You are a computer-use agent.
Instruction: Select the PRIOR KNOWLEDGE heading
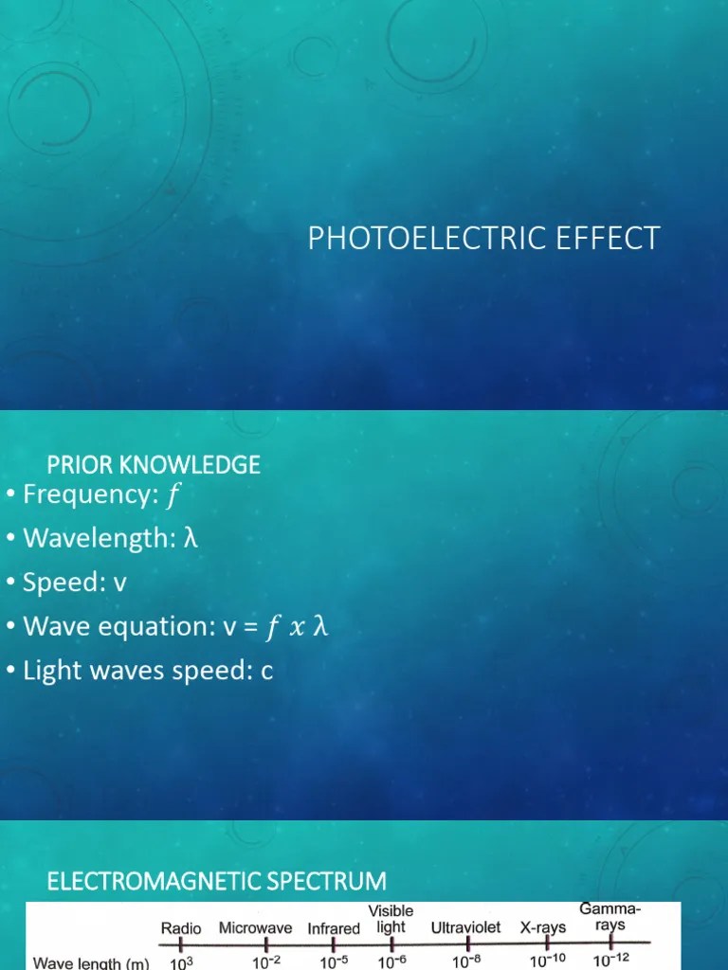click(x=154, y=464)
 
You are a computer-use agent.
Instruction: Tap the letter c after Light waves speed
click(x=267, y=671)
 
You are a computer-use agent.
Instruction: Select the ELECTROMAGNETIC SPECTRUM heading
click(x=217, y=881)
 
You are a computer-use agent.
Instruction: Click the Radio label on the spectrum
click(x=181, y=928)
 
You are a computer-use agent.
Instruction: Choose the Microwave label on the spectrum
click(x=256, y=928)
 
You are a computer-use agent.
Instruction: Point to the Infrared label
click(x=334, y=929)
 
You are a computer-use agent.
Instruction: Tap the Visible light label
click(x=391, y=920)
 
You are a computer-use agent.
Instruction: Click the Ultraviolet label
click(x=465, y=928)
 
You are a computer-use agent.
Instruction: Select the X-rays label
click(x=543, y=928)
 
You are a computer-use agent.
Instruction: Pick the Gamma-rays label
click(x=610, y=918)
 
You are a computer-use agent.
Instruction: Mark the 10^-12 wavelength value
click(x=610, y=960)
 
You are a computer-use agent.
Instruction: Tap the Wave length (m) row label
click(x=91, y=961)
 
